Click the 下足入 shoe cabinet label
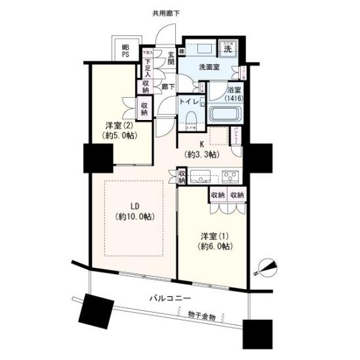tap(148, 68)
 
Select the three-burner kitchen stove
tap(230, 176)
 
